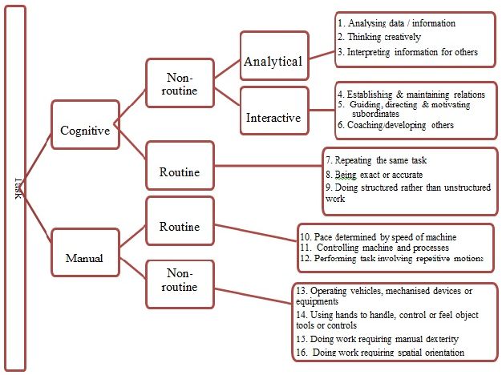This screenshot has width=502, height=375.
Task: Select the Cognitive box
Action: [x=85, y=131]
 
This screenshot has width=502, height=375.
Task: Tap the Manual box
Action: [x=85, y=258]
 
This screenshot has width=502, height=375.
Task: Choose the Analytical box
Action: [x=273, y=61]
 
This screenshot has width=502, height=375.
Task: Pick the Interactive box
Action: [x=273, y=118]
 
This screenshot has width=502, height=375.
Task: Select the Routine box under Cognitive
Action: [x=180, y=171]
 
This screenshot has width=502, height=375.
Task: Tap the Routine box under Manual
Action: [x=180, y=227]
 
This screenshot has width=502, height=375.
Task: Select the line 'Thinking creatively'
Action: [x=379, y=37]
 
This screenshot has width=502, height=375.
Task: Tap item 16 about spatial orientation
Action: [x=380, y=353]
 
